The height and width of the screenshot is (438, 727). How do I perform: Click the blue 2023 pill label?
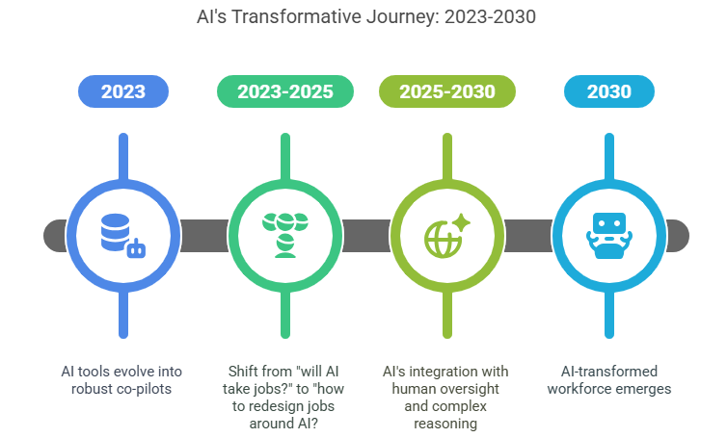point(122,92)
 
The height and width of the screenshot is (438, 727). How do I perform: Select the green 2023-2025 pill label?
point(284,92)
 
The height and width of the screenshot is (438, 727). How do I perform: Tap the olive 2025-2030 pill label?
point(446,92)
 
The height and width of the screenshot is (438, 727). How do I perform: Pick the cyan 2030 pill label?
point(608,92)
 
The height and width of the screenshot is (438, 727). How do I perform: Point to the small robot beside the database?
point(139,249)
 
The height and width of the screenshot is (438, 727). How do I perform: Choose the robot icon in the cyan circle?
point(608,234)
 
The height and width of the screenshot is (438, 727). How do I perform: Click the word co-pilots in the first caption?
point(149,388)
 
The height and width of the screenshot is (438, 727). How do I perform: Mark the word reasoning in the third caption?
point(447,423)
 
